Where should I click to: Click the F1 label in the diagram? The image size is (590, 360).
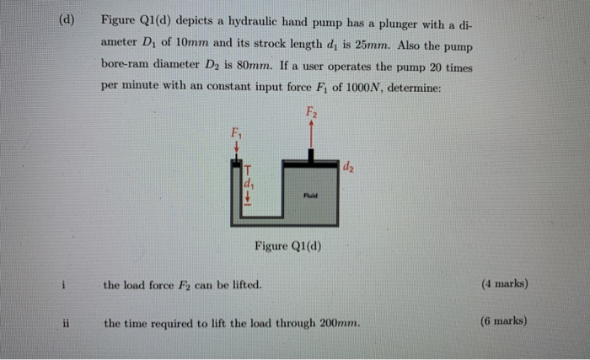point(236,132)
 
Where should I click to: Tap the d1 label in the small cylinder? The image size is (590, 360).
point(248,182)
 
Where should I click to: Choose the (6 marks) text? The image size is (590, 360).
point(503,321)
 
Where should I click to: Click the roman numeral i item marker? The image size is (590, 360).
point(64,284)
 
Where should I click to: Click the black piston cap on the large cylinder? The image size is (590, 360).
point(313,156)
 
